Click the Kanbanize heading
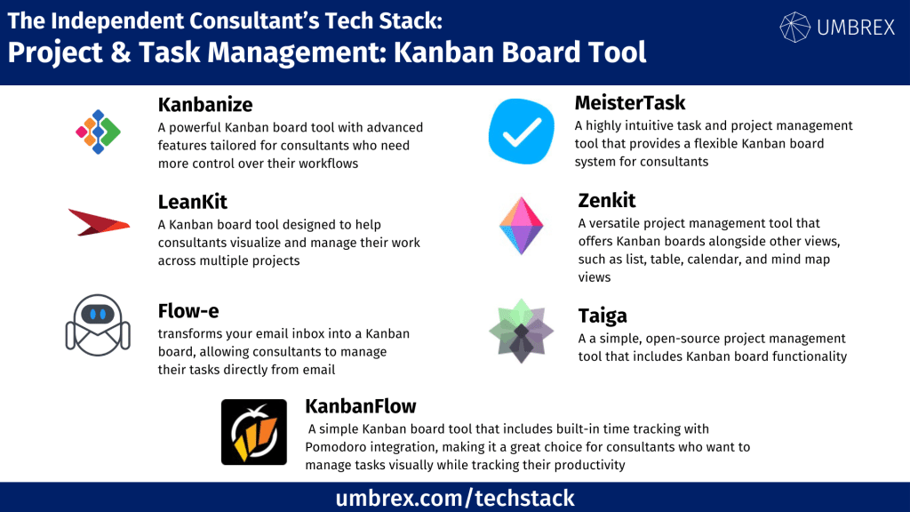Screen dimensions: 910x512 point(205,105)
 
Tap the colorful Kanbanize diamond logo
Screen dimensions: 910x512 point(98,132)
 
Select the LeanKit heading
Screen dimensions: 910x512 point(192,202)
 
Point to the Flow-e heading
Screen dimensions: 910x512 point(188,311)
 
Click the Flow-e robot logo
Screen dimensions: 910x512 point(98,325)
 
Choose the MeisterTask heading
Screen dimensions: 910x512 point(630,103)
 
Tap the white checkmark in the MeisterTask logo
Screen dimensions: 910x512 point(522,132)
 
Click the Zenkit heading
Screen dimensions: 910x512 point(606,200)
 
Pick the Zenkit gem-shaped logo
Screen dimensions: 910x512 point(521,226)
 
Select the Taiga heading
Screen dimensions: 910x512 point(603,316)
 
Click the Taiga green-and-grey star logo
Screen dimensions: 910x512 point(521,331)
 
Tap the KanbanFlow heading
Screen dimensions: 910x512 point(361,406)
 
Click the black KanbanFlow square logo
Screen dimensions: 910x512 point(253,432)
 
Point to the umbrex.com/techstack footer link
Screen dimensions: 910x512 point(455,498)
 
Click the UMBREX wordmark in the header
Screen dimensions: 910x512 point(856,28)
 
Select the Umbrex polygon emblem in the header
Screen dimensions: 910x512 point(794,28)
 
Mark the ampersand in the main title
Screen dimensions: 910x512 point(120,52)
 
